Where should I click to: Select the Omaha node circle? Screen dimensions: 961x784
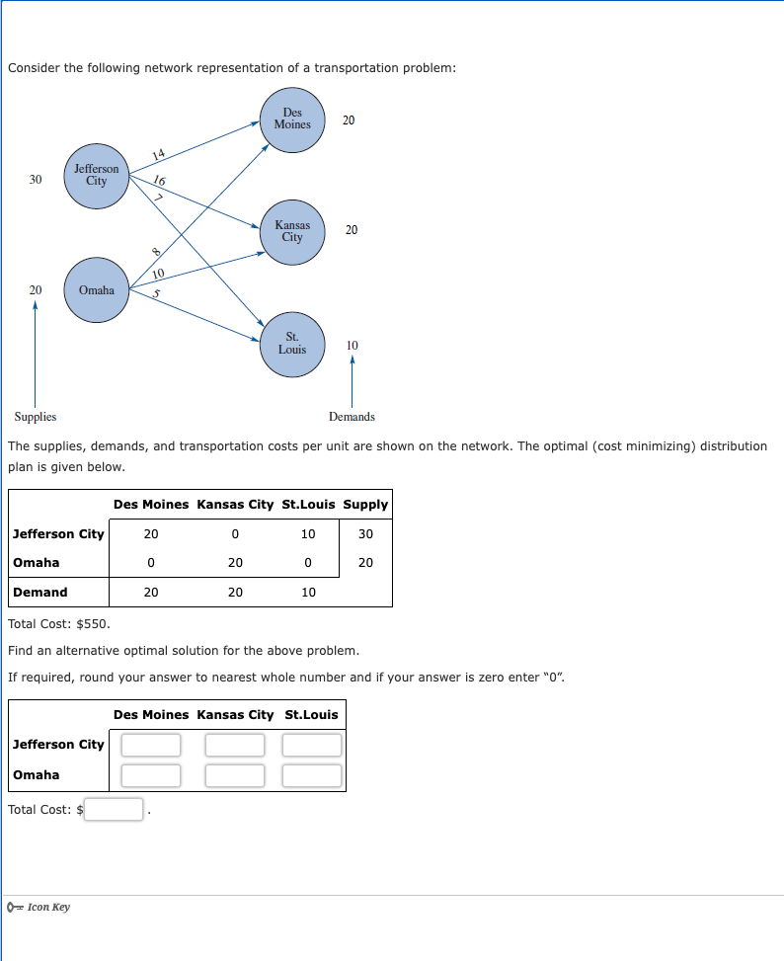tap(96, 289)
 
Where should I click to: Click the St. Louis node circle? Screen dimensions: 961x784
tap(292, 345)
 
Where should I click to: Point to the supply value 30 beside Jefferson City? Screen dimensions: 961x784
tap(36, 179)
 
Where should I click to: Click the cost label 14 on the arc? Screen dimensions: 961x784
tap(159, 153)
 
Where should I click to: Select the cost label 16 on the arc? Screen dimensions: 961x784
tap(160, 180)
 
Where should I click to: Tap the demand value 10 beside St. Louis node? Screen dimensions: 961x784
tap(353, 345)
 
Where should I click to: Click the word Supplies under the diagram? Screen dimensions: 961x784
tap(36, 417)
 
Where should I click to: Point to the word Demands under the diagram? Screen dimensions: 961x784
tap(352, 417)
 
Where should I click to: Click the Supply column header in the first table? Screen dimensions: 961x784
tap(365, 504)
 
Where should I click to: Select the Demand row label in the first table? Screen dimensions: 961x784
tap(40, 593)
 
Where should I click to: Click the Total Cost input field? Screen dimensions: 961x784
tap(114, 810)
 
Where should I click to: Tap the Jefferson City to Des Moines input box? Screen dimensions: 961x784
tap(151, 745)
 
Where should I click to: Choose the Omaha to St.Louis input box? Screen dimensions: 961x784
tap(313, 775)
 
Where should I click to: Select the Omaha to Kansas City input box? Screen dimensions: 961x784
tap(235, 775)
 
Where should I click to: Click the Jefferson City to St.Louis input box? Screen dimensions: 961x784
tap(313, 745)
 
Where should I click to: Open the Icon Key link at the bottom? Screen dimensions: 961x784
tap(48, 907)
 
